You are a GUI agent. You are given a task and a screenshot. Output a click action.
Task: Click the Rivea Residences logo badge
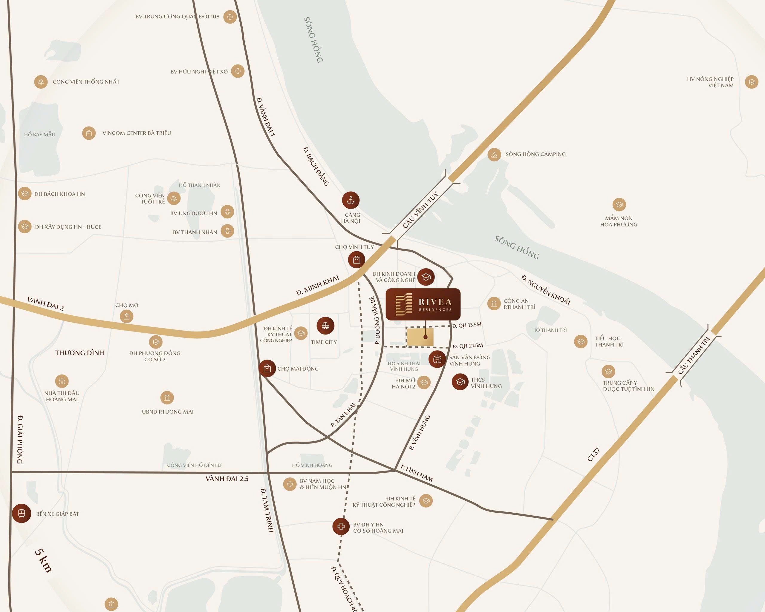pos(423,304)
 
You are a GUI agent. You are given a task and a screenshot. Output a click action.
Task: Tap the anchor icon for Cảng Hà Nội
pos(351,200)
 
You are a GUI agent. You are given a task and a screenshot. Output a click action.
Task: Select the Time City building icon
pos(325,326)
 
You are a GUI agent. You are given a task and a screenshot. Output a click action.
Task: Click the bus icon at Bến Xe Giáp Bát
pos(22,513)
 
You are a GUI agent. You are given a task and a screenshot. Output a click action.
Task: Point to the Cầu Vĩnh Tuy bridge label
pos(420,210)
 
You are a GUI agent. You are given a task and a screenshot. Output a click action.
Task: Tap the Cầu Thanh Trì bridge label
pos(694,355)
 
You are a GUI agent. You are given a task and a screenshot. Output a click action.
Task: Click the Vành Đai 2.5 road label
pos(227,479)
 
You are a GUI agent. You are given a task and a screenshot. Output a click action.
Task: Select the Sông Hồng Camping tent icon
pos(494,155)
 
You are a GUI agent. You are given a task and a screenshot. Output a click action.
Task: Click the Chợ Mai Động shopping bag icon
pos(267,369)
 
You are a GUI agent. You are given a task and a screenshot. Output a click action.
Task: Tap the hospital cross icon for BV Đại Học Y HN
pos(341,526)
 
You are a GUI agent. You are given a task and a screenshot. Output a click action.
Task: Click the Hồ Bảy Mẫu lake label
pos(40,135)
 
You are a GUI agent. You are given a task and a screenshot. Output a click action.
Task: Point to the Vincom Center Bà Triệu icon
pos(89,133)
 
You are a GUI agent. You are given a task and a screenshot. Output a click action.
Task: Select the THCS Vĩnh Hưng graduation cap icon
pos(460,382)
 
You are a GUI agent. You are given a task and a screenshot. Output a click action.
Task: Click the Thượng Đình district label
pos(79,353)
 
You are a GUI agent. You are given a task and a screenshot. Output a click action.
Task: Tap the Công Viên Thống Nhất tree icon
pos(41,82)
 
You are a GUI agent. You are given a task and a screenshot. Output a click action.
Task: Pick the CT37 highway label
pos(593,455)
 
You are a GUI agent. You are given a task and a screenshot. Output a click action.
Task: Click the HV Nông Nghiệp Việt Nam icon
pos(751,82)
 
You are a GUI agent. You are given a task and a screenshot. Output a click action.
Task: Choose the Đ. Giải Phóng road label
pos(20,440)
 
